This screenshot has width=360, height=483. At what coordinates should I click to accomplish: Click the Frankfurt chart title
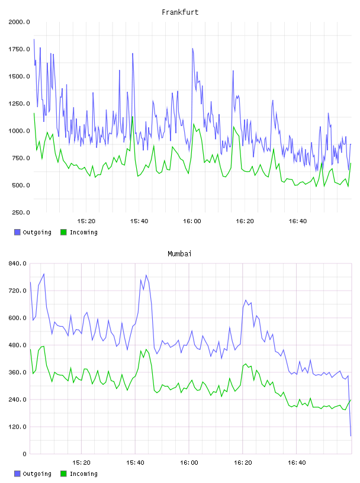click(180, 12)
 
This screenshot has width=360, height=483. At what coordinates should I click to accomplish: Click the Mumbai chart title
click(179, 254)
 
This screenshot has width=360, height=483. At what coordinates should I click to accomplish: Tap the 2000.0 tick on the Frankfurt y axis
click(19, 22)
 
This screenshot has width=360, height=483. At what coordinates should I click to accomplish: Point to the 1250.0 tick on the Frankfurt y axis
click(19, 104)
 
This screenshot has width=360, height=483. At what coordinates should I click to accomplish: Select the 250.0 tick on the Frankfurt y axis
click(21, 212)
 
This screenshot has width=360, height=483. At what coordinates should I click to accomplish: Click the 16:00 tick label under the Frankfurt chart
click(192, 221)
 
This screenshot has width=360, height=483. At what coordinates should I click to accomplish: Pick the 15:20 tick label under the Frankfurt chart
click(86, 221)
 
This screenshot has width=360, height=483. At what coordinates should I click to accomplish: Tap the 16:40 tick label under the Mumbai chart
click(297, 463)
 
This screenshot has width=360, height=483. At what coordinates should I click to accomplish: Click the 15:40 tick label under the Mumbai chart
click(135, 463)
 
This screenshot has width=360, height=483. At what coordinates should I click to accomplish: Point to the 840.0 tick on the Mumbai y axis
click(18, 263)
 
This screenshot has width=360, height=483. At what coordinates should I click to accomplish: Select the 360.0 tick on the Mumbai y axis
click(18, 372)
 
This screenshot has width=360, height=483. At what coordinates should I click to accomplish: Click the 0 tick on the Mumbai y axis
click(25, 454)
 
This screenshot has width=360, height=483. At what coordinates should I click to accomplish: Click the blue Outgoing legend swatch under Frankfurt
click(17, 232)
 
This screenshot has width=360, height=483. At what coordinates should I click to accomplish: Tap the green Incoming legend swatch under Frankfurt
click(63, 232)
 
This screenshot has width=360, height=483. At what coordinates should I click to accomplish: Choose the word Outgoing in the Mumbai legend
click(37, 474)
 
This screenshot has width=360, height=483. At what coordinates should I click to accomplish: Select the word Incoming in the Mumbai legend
click(83, 474)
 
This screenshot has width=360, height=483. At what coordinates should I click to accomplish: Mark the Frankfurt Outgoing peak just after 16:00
click(192, 49)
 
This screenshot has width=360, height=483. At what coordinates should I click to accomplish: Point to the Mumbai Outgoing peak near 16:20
click(246, 300)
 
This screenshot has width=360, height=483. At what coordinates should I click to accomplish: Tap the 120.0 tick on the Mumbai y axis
click(18, 427)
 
